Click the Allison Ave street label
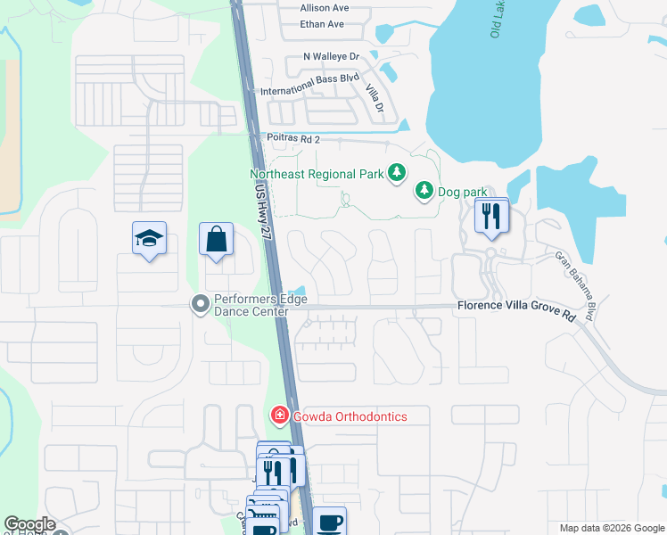click(x=324, y=8)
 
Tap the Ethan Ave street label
click(x=322, y=24)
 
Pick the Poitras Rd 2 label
click(x=292, y=139)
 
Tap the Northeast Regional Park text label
click(x=317, y=174)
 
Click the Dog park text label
click(x=462, y=192)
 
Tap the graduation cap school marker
click(x=149, y=238)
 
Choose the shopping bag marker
click(x=216, y=239)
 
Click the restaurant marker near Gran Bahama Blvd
click(x=490, y=217)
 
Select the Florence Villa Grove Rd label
click(x=517, y=306)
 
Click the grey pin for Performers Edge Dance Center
click(x=201, y=305)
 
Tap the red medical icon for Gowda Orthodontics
click(x=279, y=416)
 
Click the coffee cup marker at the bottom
click(x=329, y=521)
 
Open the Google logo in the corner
click(x=29, y=524)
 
